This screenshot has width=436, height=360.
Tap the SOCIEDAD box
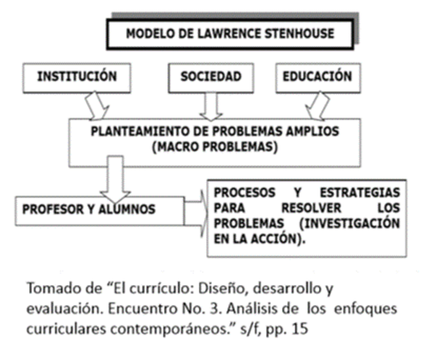pos(211,77)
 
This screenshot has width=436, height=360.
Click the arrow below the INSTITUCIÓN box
pos(98,105)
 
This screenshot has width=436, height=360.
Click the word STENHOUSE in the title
pos(296,34)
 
